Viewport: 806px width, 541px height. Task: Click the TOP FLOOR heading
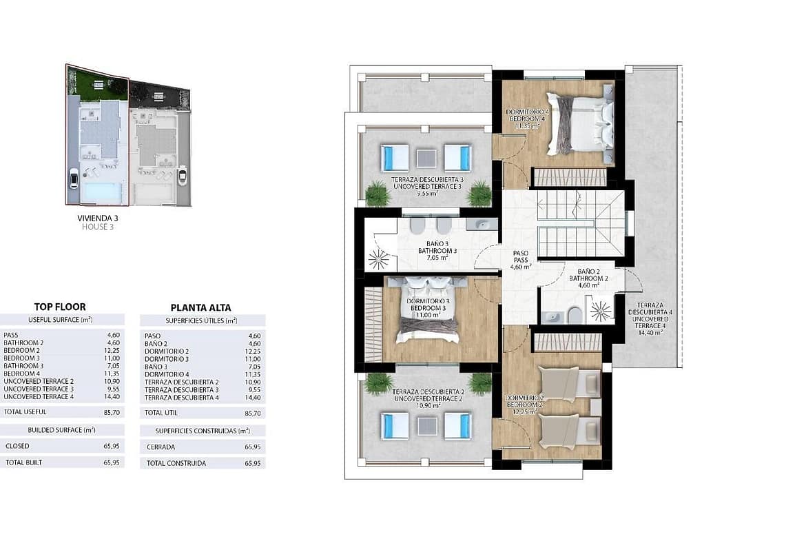click(60, 307)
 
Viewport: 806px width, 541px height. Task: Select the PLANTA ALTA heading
click(200, 307)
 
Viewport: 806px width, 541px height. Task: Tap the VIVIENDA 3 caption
click(98, 218)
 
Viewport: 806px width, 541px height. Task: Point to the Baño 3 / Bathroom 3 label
click(437, 250)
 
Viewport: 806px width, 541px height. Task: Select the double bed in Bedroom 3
click(426, 309)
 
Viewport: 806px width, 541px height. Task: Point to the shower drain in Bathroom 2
click(601, 310)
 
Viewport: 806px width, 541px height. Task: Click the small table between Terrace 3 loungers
click(426, 159)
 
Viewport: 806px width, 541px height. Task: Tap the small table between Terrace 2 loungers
click(426, 427)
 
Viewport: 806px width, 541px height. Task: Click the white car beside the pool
click(74, 179)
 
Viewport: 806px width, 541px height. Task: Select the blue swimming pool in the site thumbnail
click(103, 192)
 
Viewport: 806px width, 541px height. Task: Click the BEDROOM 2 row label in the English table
click(21, 350)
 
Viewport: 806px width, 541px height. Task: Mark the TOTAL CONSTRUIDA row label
click(176, 463)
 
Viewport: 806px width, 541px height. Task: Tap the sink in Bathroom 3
click(482, 224)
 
